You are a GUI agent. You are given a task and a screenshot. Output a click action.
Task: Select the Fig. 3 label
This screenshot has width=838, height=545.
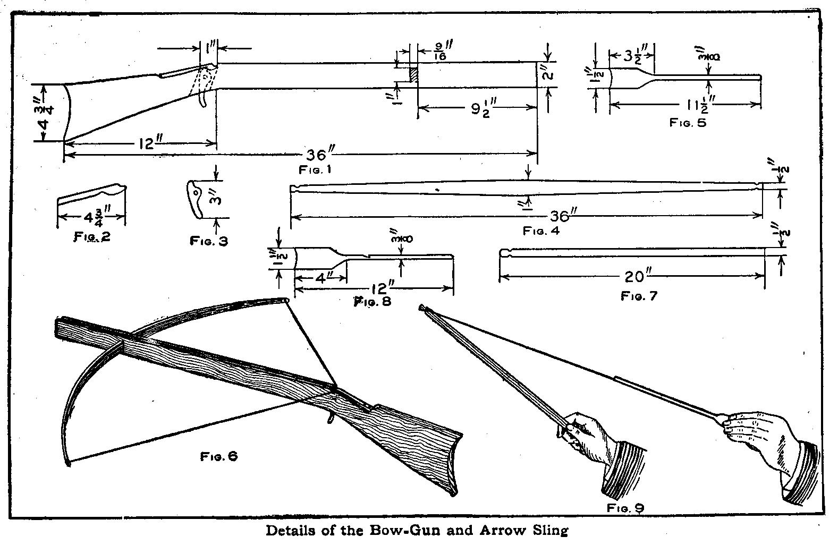point(209,241)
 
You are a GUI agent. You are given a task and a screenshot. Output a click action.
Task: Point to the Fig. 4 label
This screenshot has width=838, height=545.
point(541,231)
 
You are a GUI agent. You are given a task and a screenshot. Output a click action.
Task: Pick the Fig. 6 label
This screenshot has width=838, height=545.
point(218,456)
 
